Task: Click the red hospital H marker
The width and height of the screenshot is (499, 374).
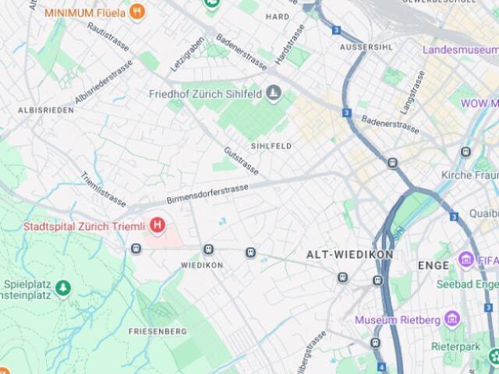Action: tap(158, 226)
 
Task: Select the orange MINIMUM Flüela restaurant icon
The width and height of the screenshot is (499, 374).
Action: tap(138, 12)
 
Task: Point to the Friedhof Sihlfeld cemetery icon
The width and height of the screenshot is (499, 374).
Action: tap(273, 94)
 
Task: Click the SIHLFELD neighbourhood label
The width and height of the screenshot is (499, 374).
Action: tap(271, 146)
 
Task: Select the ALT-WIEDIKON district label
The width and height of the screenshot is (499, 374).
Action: tap(349, 255)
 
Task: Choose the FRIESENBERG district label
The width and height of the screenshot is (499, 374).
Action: tap(157, 331)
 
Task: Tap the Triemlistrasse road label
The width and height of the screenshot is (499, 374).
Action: tap(103, 189)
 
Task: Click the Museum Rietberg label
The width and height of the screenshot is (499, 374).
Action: tap(397, 319)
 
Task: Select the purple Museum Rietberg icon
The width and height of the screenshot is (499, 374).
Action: tap(451, 319)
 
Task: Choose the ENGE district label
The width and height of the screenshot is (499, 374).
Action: tap(434, 265)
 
